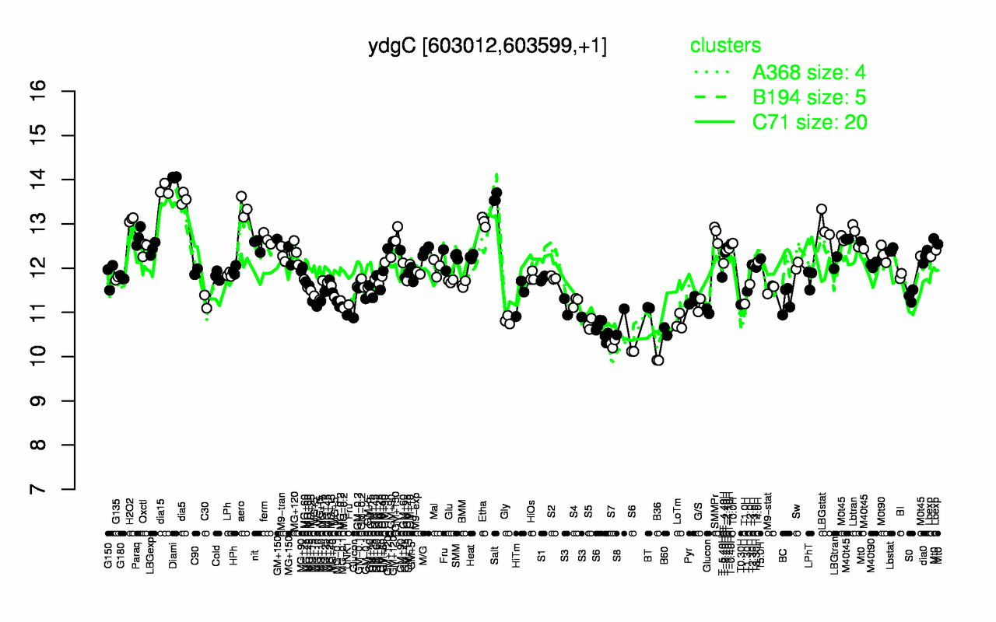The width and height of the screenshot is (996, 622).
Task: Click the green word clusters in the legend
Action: (x=725, y=46)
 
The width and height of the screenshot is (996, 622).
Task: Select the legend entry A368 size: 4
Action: (x=809, y=73)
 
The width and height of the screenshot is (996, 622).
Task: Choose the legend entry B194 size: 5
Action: (x=809, y=97)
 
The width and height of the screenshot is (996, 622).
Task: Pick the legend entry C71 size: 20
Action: (x=809, y=121)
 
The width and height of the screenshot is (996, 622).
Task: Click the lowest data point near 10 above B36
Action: (x=658, y=360)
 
